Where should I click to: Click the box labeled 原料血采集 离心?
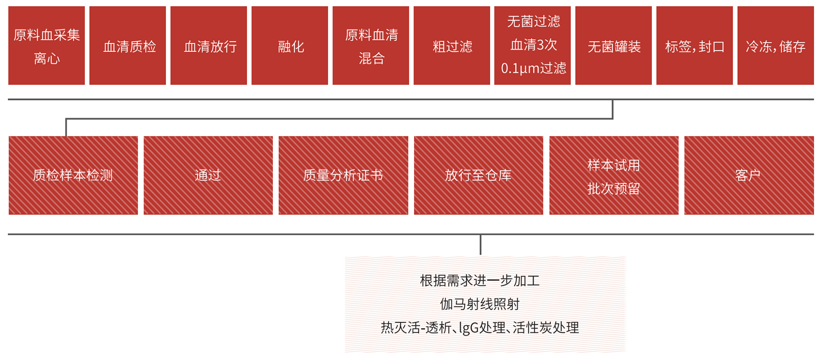(x=46, y=45)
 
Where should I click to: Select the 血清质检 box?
(x=127, y=45)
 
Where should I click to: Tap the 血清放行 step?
(x=209, y=45)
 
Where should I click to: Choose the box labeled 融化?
(x=290, y=45)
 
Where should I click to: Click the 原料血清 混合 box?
(x=371, y=45)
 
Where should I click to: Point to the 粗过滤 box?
(x=452, y=45)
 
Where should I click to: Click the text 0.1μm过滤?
(x=533, y=68)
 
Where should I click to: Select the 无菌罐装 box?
(x=614, y=45)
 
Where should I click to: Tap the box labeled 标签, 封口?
(x=695, y=45)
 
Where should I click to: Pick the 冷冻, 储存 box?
(x=776, y=45)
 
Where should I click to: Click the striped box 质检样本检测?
(x=73, y=175)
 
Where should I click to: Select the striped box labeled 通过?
(x=208, y=175)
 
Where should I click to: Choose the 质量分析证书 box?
(x=343, y=175)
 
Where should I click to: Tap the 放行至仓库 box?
(x=479, y=175)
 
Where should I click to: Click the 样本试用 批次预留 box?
(x=614, y=175)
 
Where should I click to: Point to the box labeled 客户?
(x=749, y=175)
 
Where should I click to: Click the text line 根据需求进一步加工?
(x=480, y=281)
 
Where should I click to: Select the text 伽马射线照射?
(x=480, y=304)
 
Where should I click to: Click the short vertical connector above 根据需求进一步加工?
(x=481, y=245)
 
